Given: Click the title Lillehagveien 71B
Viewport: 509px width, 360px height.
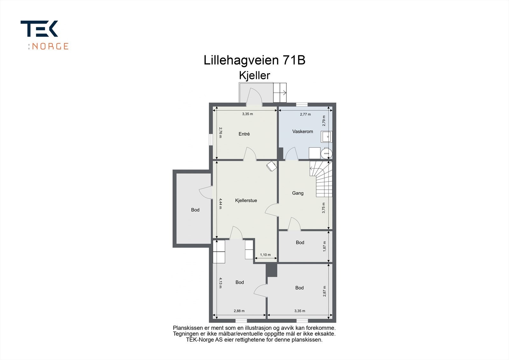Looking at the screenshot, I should pyautogui.click(x=254, y=60).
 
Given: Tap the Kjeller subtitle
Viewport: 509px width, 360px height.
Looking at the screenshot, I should pyautogui.click(x=254, y=75).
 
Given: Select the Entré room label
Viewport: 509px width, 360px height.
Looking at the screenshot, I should pyautogui.click(x=244, y=134).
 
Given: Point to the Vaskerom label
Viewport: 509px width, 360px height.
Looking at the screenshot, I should pyautogui.click(x=303, y=131).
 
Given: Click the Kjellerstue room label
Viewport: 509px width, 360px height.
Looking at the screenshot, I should pyautogui.click(x=246, y=201).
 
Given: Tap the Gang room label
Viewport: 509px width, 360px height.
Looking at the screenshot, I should pyautogui.click(x=298, y=193).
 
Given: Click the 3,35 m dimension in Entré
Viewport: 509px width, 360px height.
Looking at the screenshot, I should pyautogui.click(x=248, y=114).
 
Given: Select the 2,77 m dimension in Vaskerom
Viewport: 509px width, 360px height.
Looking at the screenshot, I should pyautogui.click(x=305, y=114).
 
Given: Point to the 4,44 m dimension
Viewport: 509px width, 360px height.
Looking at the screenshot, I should pyautogui.click(x=220, y=204).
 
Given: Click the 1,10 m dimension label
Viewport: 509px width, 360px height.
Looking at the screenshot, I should pyautogui.click(x=265, y=255).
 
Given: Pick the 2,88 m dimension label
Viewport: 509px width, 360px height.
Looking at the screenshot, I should pyautogui.click(x=239, y=311).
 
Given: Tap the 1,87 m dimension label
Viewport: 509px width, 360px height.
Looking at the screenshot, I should pyautogui.click(x=324, y=246).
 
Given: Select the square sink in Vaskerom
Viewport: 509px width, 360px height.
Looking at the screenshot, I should pyautogui.click(x=326, y=137).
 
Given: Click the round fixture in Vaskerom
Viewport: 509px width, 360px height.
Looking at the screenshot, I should pyautogui.click(x=326, y=153).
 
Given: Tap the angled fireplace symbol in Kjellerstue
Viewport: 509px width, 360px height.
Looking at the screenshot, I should pyautogui.click(x=271, y=166).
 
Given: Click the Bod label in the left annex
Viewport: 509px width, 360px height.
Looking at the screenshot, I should pyautogui.click(x=195, y=210).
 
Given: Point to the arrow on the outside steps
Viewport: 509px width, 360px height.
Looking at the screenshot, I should pyautogui.click(x=283, y=93).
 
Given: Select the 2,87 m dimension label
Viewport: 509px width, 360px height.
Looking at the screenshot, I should pyautogui.click(x=324, y=291).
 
